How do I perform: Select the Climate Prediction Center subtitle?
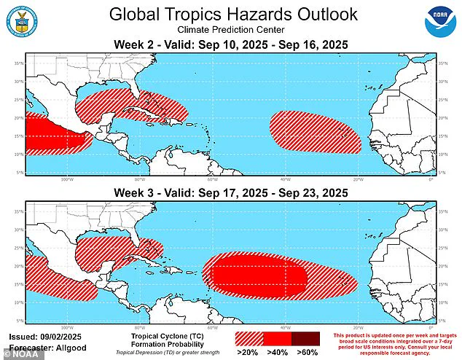(x=230, y=31)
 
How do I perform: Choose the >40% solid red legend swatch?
(x=277, y=338)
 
